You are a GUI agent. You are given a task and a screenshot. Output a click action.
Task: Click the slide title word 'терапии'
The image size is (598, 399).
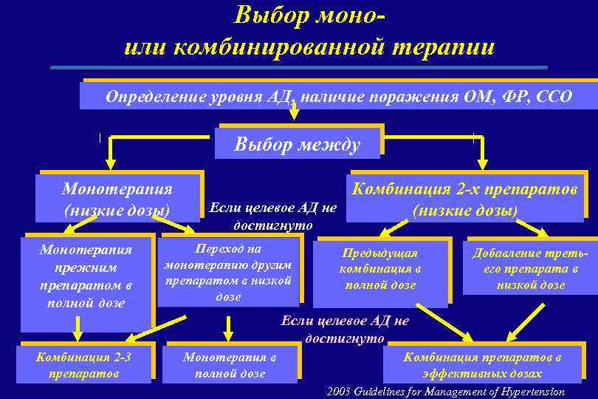[443, 47]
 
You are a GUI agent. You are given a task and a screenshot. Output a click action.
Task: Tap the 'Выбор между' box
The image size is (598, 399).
[298, 144]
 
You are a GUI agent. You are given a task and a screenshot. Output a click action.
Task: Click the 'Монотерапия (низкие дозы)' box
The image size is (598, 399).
[117, 200]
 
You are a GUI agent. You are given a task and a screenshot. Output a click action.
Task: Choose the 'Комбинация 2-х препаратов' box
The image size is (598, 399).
[464, 199]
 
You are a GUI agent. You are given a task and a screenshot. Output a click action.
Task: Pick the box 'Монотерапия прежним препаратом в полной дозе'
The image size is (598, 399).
[86, 276]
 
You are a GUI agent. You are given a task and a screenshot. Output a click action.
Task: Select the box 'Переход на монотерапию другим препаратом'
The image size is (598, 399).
[228, 273]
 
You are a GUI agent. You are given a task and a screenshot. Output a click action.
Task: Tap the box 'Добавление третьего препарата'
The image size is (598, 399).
[530, 269]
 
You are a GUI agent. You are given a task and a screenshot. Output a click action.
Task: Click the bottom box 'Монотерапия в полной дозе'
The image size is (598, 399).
[230, 365]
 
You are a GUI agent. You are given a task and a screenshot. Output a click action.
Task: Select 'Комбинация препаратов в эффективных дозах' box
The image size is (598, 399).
[481, 365]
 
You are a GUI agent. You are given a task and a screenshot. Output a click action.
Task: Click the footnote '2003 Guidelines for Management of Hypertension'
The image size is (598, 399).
[445, 392]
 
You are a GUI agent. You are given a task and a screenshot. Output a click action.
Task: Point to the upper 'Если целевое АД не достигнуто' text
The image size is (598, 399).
[272, 216]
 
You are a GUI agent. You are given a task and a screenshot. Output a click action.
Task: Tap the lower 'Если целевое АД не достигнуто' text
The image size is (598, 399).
[344, 330]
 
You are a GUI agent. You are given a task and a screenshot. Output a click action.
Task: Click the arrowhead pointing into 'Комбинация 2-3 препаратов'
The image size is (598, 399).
[77, 332]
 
